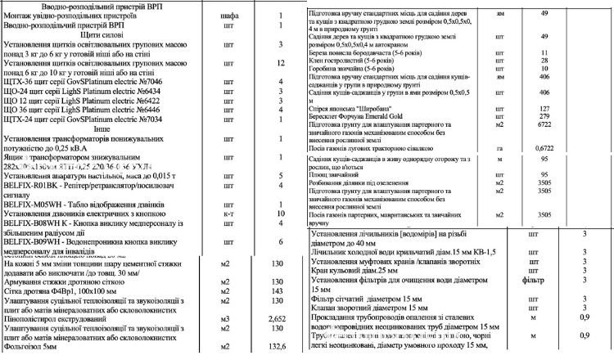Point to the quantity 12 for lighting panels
279,63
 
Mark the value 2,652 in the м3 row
277,317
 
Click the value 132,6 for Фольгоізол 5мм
277,348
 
